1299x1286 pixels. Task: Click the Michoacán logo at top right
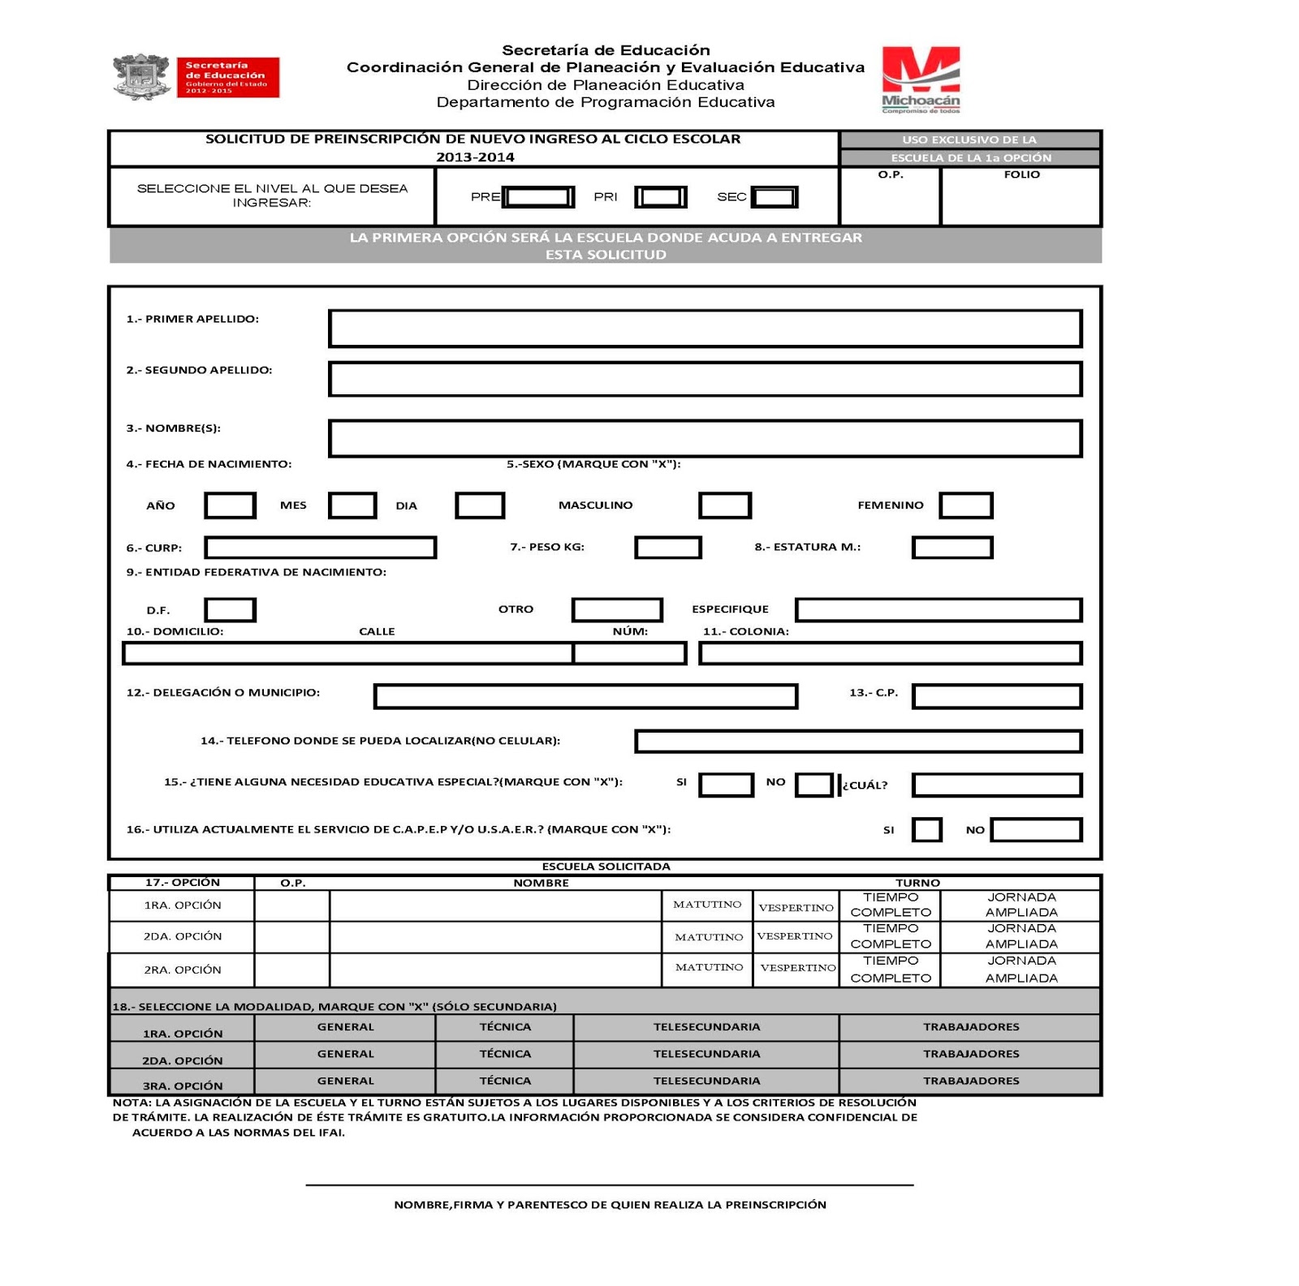[921, 79]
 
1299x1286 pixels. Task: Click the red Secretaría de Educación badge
[227, 77]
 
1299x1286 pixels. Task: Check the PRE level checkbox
[538, 197]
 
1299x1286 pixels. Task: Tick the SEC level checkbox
[775, 197]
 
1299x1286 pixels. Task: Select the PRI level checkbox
[661, 197]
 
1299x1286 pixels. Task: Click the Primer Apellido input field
[705, 329]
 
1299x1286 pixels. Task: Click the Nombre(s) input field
[705, 438]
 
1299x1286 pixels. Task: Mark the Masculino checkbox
[725, 505]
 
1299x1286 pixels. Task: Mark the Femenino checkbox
[965, 505]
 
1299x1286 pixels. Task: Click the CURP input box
[321, 548]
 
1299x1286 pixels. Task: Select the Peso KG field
[667, 548]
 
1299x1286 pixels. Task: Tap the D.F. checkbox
[231, 609]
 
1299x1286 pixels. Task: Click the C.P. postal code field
[997, 696]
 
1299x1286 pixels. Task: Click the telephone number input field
[858, 741]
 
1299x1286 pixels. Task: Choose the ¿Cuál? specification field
[997, 785]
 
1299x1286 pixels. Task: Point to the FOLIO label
[1021, 174]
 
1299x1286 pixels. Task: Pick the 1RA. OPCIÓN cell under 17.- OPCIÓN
[182, 905]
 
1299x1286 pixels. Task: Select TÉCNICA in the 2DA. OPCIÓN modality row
[505, 1054]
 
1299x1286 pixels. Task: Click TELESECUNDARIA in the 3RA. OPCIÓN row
[706, 1081]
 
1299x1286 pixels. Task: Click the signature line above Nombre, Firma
[609, 1185]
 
